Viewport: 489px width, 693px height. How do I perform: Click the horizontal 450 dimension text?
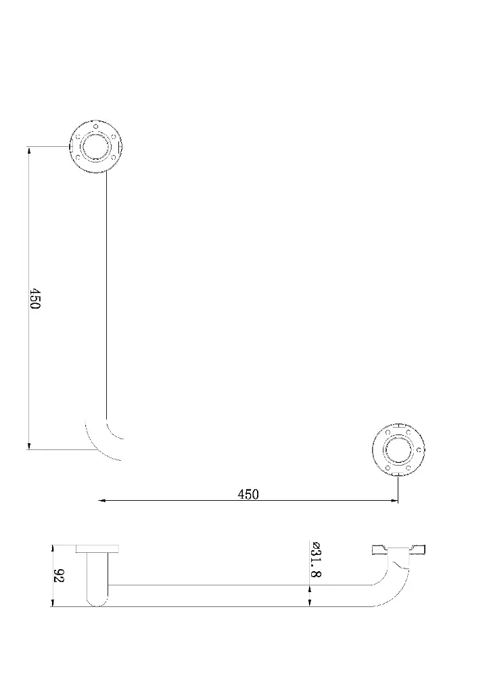pos(248,494)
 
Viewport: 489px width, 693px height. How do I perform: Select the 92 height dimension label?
pos(59,576)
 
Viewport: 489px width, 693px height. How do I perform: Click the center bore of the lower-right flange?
pos(398,450)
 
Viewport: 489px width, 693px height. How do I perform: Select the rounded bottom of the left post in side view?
pos(97,601)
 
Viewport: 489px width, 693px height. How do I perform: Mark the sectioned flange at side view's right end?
pos(398,550)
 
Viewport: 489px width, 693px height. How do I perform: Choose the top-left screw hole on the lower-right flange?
pos(388,433)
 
